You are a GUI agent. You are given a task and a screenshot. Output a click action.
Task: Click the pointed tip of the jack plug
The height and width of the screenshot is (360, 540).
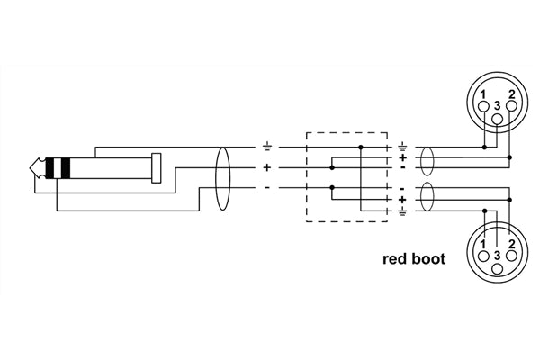coord(32,167)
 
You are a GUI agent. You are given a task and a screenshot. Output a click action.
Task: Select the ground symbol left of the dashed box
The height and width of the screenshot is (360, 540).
coord(267,146)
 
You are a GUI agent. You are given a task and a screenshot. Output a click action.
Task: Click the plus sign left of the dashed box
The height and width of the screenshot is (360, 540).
coord(267,167)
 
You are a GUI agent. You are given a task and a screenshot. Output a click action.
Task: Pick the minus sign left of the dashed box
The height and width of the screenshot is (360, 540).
coord(267,187)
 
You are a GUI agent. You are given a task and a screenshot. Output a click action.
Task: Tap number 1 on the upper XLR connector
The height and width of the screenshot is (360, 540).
coord(481,94)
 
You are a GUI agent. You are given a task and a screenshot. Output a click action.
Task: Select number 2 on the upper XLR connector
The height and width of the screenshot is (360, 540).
coord(513,94)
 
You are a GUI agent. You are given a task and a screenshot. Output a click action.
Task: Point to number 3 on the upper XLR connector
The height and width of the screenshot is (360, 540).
coord(498,103)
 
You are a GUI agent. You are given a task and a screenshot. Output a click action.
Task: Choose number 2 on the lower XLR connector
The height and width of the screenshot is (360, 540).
coord(513,245)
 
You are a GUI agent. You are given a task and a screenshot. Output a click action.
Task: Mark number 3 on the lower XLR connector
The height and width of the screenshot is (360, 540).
coord(498,255)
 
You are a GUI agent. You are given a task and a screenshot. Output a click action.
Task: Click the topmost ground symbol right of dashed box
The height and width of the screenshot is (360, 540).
coord(401,147)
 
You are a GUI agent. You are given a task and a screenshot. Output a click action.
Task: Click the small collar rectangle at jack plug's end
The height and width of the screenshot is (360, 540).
coord(157,167)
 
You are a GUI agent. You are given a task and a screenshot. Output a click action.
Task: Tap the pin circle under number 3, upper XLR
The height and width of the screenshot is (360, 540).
coord(498,119)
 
